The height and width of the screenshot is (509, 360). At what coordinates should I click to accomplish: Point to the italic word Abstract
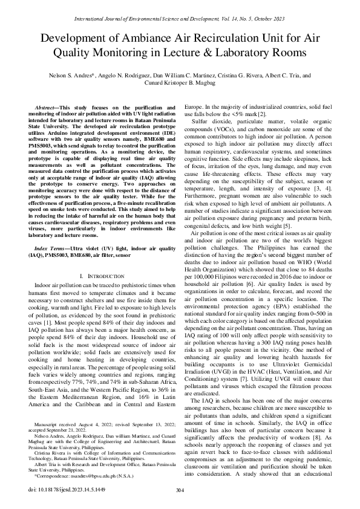(47, 106)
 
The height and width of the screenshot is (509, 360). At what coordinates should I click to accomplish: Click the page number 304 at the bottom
(179, 490)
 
